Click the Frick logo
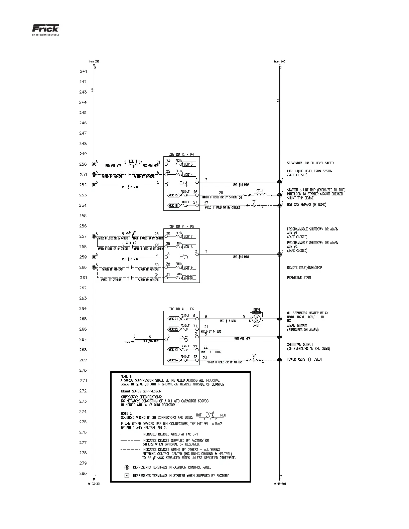(46, 29)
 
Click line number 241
(83, 71)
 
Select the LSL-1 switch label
(133, 161)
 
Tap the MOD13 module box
(189, 164)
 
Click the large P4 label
(184, 184)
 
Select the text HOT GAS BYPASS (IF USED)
(306, 205)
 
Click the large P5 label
(184, 256)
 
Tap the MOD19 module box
(189, 268)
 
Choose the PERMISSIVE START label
(299, 278)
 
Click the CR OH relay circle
(256, 319)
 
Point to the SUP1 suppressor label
(257, 310)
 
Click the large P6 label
(184, 339)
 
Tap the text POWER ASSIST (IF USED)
(304, 359)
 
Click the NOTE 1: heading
(126, 376)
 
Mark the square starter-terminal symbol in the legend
(127, 476)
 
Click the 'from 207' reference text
(130, 342)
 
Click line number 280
(83, 474)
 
